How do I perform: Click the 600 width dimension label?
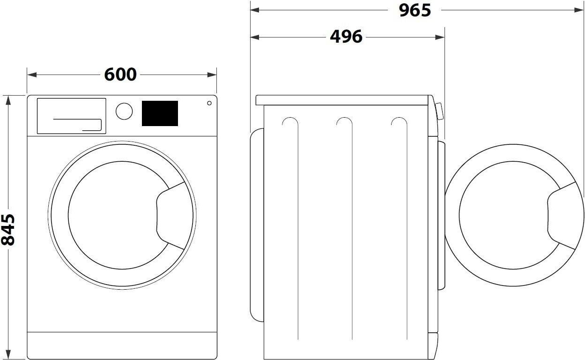coord(120,75)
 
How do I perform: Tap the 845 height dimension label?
coord(7,230)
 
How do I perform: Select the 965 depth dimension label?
coord(415,10)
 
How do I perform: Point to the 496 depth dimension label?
coord(346,37)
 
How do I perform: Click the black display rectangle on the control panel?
coord(160,113)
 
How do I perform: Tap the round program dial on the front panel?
coord(124,112)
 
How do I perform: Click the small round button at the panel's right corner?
coord(209,103)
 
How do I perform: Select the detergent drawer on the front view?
coord(72,116)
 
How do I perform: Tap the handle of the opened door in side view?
coord(562,216)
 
